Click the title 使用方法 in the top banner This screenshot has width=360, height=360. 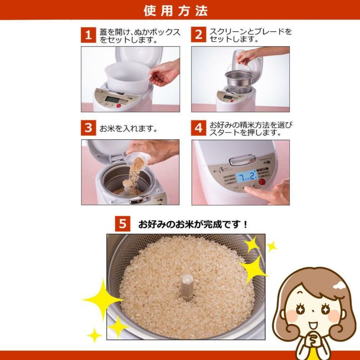click(x=180, y=10)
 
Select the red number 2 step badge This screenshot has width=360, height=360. click(x=198, y=35)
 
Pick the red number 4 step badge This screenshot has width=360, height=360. click(x=198, y=128)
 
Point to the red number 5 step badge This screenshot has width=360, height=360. click(x=123, y=224)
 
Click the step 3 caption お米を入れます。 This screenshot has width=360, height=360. click(x=129, y=129)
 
